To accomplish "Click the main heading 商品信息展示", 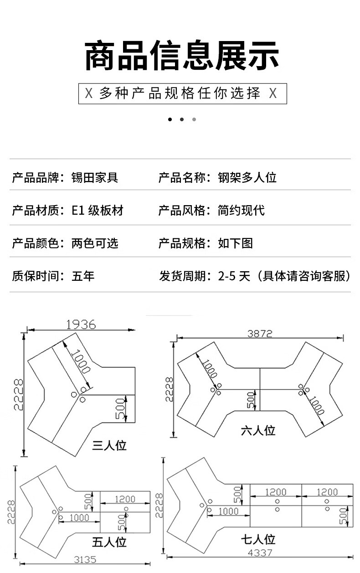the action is pos(181,56).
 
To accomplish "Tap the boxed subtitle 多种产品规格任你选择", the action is pos(180,93).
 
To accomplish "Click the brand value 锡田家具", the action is pos(95,177).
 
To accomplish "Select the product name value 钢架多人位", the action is pos(247,177).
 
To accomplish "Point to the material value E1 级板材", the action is pos(98,210).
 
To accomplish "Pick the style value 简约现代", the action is pos(241,210).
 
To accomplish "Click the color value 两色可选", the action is pos(95,243).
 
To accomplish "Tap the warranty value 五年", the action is pos(83,276).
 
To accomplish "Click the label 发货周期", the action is pos(182,276).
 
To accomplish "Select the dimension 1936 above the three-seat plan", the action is pos(81,325).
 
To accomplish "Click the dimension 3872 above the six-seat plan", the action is pos(260,334).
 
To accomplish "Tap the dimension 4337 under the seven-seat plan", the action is pos(260,553).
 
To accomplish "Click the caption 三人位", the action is pos(109,445).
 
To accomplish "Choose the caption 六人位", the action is pos(258,430).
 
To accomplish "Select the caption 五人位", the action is pos(109,542).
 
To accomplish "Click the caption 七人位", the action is pos(258,539).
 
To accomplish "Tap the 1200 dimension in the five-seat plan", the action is pos(125,499).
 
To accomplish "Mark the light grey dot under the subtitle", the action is pos(194,119).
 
